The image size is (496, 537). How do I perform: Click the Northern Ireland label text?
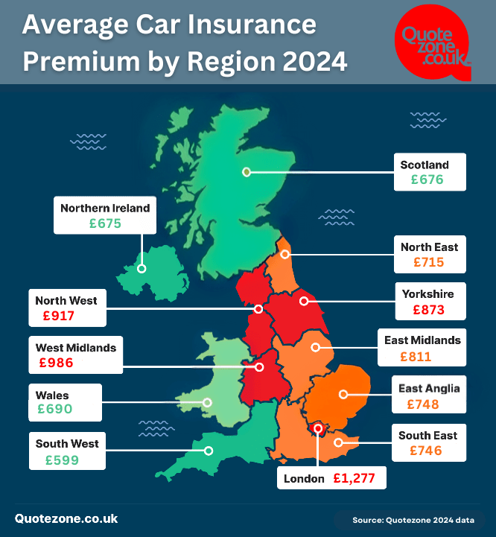pos(105,209)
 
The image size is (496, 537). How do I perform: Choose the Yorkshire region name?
pos(427,293)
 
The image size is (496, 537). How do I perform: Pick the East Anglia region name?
pos(429,388)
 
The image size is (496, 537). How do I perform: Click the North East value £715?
pos(428,262)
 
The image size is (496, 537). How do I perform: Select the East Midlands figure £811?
pos(416,357)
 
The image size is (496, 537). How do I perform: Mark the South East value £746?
pos(425,451)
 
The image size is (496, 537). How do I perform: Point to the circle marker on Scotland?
pos(246,172)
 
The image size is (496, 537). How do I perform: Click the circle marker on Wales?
pos(207,403)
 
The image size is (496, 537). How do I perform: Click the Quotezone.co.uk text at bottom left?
pos(66,519)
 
